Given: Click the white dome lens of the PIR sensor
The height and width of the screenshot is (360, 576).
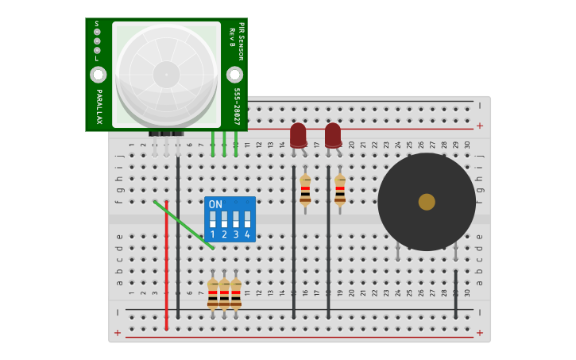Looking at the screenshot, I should (x=166, y=75).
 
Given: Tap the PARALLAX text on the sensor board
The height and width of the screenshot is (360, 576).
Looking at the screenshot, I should (x=99, y=106).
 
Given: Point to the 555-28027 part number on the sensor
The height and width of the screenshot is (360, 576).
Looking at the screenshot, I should (x=237, y=106).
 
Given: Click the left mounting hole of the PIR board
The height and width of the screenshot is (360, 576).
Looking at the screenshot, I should (x=98, y=75).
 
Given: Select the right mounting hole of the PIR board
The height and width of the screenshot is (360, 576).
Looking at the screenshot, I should (x=234, y=75).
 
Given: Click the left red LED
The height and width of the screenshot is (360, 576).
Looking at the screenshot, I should (x=298, y=134).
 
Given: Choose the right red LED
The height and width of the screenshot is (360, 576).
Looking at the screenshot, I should (x=333, y=134).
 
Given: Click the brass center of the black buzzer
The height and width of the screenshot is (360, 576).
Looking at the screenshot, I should (x=427, y=202).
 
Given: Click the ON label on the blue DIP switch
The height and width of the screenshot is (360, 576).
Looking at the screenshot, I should (x=215, y=204).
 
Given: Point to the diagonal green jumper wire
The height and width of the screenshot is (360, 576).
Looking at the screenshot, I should (x=184, y=225).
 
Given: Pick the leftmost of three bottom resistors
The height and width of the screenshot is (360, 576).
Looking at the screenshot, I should (x=213, y=293).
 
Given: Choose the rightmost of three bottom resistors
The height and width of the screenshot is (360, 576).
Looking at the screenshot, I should (x=236, y=293).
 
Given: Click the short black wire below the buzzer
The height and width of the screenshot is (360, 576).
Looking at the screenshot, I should (x=456, y=293).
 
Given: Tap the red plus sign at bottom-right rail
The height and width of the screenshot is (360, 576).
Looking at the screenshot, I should (x=479, y=332).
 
